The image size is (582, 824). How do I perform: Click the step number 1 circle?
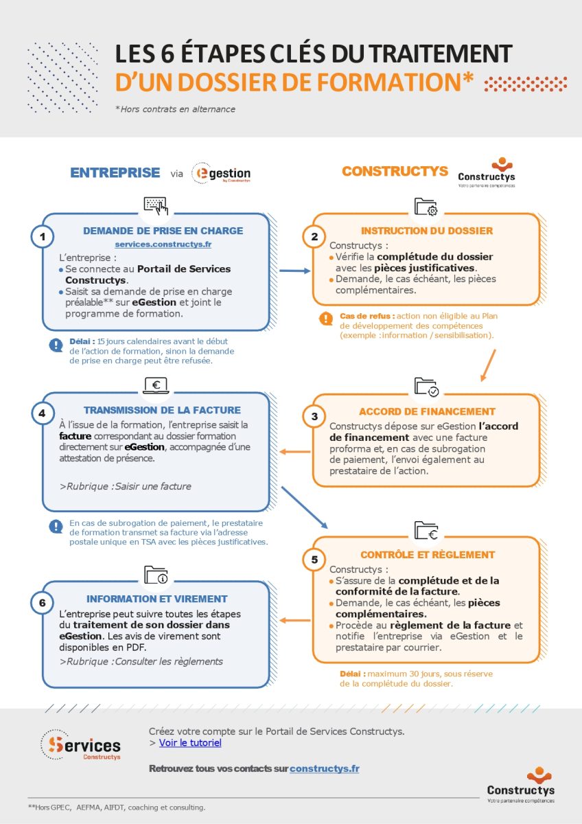click(43, 237)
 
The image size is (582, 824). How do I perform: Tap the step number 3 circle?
click(314, 417)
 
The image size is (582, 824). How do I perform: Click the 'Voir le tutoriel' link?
click(190, 742)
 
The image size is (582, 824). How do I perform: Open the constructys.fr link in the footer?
click(324, 768)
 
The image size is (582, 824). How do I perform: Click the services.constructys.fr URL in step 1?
click(163, 244)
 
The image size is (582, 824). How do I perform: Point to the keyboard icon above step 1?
click(156, 205)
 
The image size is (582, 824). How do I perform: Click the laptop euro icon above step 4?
click(156, 386)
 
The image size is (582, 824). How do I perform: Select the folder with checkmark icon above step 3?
click(426, 387)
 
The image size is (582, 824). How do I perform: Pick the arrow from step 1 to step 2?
click(295, 271)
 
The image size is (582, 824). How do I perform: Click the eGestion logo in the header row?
click(221, 174)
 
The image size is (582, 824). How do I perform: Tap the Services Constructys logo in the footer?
click(81, 744)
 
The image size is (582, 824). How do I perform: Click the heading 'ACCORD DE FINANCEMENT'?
click(427, 411)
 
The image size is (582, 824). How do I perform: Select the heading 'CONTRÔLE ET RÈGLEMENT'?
click(428, 554)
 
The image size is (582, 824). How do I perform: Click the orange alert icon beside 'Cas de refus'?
click(326, 319)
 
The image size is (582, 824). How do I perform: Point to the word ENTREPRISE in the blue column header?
click(115, 172)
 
